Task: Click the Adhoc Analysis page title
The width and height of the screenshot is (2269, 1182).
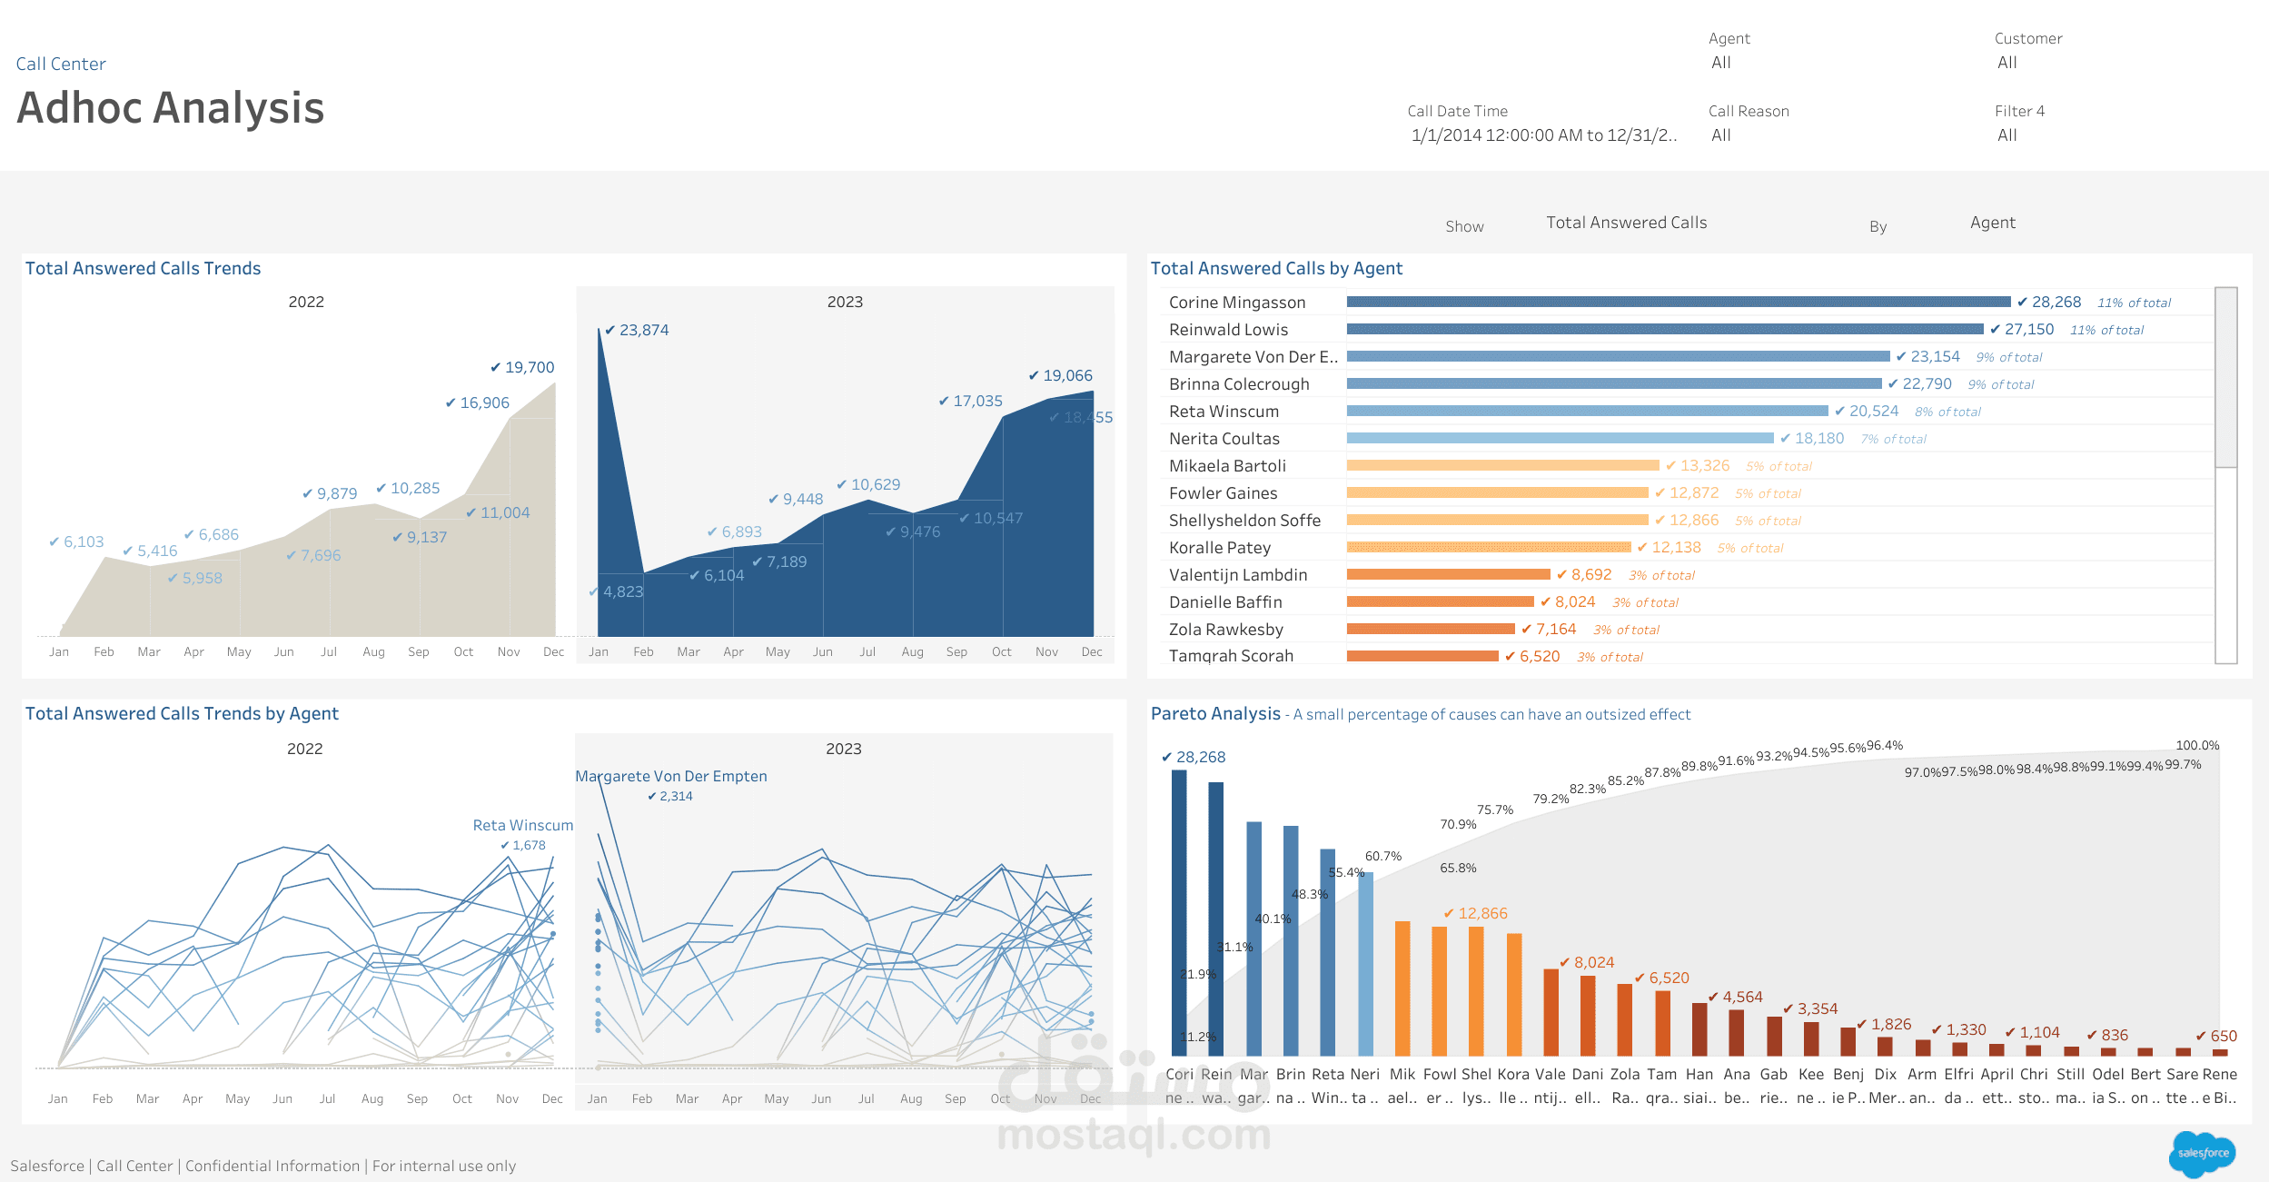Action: pyautogui.click(x=171, y=108)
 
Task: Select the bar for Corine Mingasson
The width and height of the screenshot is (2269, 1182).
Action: pyautogui.click(x=1678, y=302)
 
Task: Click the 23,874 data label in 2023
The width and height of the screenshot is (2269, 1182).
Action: pyautogui.click(x=643, y=330)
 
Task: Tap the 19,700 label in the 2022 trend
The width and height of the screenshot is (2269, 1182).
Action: pyautogui.click(x=529, y=367)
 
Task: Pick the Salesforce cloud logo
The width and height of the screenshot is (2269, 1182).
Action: pyautogui.click(x=2202, y=1153)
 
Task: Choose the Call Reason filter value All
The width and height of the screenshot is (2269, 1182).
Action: pyautogui.click(x=1721, y=135)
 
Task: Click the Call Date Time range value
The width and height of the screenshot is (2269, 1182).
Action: pyautogui.click(x=1543, y=135)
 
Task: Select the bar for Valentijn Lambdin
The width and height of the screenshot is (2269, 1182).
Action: pyautogui.click(x=1448, y=574)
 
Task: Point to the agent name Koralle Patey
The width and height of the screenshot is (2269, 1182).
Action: pyautogui.click(x=1220, y=548)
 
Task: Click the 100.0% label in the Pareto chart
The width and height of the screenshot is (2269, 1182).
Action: pyautogui.click(x=2197, y=745)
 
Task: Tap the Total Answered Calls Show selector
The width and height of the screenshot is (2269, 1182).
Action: pyautogui.click(x=1626, y=223)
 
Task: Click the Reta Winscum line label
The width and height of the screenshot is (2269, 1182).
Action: pyautogui.click(x=523, y=825)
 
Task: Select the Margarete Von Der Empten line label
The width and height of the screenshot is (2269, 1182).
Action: pyautogui.click(x=671, y=776)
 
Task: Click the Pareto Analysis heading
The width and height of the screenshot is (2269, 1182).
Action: pyautogui.click(x=1215, y=713)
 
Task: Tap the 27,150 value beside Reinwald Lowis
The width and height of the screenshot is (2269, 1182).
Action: pyautogui.click(x=2028, y=329)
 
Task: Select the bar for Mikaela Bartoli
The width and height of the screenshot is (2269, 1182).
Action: pyautogui.click(x=1502, y=465)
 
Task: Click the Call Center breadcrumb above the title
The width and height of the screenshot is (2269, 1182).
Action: pyautogui.click(x=61, y=64)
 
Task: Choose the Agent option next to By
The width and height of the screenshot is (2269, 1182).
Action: pyautogui.click(x=1992, y=223)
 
